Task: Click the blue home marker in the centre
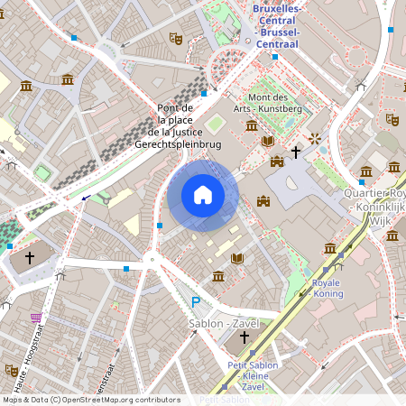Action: [x=203, y=194]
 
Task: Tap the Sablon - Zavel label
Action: [x=224, y=323]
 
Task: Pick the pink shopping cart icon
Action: [x=37, y=318]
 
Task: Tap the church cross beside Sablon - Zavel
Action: [x=244, y=337]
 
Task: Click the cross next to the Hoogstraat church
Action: [x=29, y=258]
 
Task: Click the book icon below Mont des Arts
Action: [x=267, y=141]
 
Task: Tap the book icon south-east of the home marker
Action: [x=236, y=259]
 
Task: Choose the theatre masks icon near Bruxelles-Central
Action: [x=176, y=39]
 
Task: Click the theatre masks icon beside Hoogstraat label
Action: [x=11, y=370]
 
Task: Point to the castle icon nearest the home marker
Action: [x=263, y=200]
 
